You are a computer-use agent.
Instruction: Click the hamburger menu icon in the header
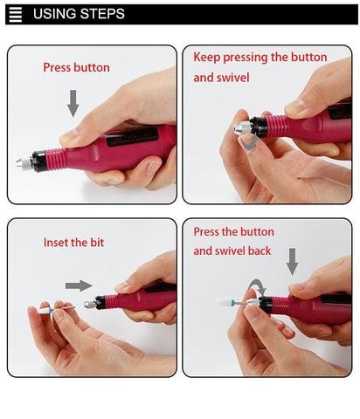[16, 15]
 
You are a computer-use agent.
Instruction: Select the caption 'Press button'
[76, 67]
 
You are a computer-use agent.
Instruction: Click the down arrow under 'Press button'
[73, 103]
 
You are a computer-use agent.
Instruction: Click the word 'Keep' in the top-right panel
[207, 58]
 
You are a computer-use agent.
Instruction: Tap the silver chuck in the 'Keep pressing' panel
[242, 127]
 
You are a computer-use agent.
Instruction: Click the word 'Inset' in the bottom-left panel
[55, 243]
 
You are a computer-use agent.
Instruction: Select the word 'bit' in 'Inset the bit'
[97, 243]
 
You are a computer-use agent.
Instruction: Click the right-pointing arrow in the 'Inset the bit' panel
[79, 285]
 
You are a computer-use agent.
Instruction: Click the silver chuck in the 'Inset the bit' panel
[90, 304]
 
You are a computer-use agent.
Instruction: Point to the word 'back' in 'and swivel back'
[260, 251]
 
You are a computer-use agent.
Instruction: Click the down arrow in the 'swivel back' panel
[292, 262]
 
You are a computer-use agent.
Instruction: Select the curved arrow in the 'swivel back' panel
[259, 285]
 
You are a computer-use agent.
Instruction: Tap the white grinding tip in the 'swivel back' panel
[225, 303]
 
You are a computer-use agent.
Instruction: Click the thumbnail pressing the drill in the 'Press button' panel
[67, 136]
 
